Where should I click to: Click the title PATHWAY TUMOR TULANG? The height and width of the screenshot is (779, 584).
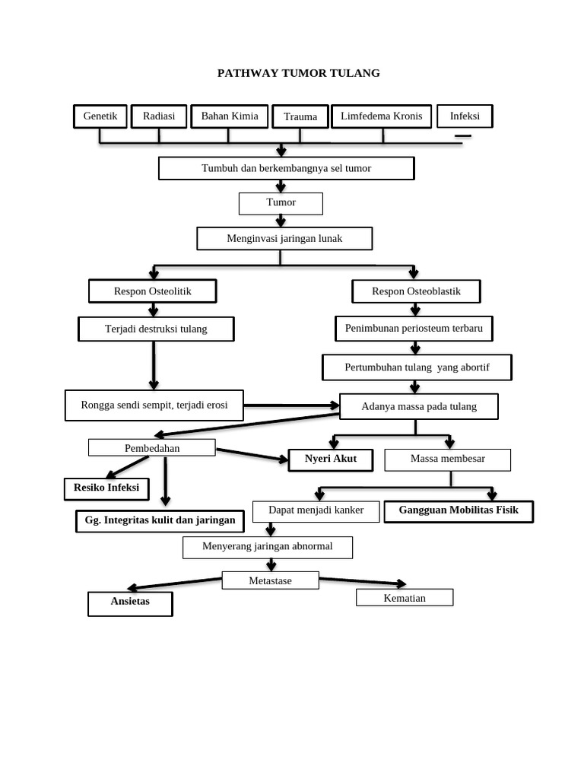[298, 73]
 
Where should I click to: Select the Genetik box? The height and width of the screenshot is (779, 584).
[100, 116]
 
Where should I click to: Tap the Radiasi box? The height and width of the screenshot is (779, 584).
[159, 116]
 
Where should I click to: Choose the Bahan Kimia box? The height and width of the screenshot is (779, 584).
[229, 116]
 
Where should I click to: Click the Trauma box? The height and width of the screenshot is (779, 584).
[300, 117]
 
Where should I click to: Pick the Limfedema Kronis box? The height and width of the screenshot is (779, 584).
[381, 116]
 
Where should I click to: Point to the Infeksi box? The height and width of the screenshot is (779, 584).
[465, 116]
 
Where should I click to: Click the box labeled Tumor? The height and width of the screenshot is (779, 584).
[281, 203]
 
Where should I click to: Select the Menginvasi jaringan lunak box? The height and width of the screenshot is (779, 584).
[284, 239]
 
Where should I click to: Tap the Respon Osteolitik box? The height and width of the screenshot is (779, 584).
[153, 291]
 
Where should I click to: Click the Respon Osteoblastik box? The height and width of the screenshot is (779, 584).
[416, 291]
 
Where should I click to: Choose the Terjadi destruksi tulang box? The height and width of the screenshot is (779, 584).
[156, 329]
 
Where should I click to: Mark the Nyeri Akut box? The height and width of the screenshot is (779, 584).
[331, 459]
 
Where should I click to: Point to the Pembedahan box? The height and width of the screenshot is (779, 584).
[152, 448]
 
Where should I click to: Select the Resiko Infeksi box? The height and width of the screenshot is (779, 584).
[106, 488]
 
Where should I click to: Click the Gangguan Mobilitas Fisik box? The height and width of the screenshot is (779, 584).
[459, 511]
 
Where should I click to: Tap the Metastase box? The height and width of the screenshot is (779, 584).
[270, 580]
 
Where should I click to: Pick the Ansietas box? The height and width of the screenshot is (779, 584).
[130, 603]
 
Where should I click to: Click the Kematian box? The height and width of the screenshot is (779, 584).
[405, 598]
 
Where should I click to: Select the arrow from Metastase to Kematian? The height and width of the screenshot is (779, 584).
[363, 582]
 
